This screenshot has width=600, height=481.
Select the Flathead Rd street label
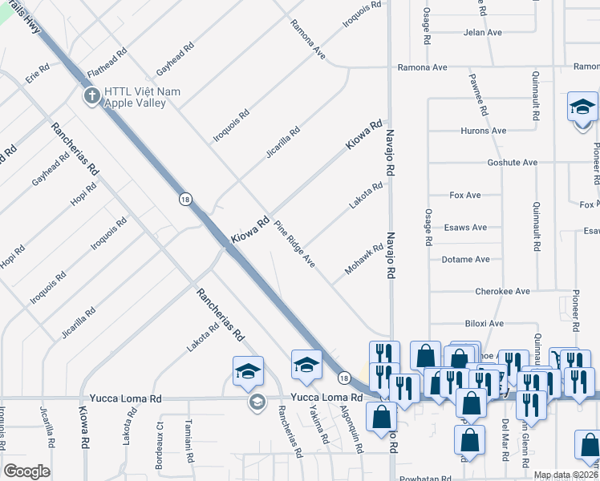tap(107, 62)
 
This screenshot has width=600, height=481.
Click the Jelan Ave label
tap(482, 33)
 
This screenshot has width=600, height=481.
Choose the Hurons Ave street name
tap(483, 131)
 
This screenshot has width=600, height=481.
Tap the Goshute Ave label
tap(512, 163)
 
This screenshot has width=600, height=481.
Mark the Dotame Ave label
tap(465, 260)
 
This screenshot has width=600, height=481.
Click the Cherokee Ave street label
tap(502, 292)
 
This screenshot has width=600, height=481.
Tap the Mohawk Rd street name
tap(364, 260)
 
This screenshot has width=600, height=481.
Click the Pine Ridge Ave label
tap(294, 244)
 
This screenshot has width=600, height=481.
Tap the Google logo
tap(26, 471)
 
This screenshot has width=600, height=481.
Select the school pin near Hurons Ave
tap(582, 108)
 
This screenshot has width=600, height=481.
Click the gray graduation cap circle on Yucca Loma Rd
tap(257, 402)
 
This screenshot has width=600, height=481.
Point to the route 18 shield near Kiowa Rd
tap(185, 199)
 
